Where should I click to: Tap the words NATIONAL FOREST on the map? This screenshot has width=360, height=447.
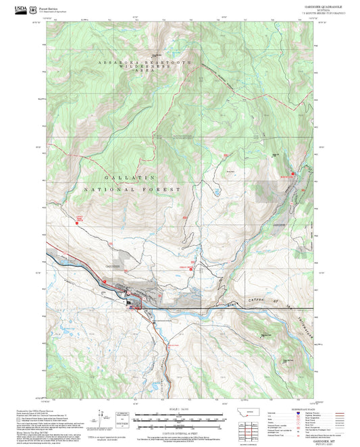click(x=142, y=190)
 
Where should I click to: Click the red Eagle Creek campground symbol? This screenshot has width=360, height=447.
click(x=192, y=269)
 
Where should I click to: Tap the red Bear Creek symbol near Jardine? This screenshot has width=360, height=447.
click(x=292, y=174)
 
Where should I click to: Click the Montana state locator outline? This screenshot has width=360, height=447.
click(x=253, y=413)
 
